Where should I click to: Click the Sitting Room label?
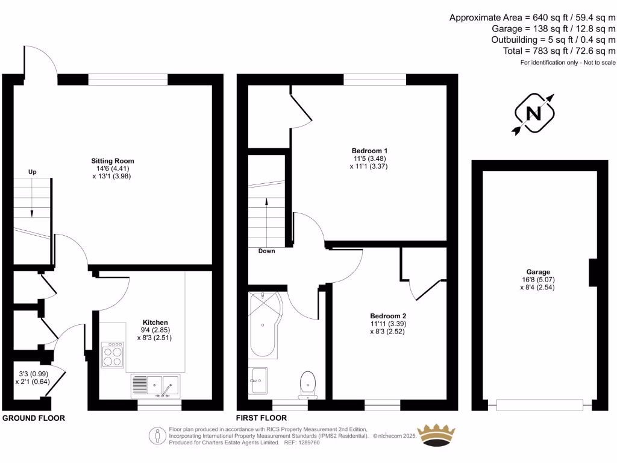[x=113, y=161]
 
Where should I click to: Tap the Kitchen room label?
[x=155, y=323]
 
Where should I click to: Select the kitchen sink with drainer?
[x=155, y=386]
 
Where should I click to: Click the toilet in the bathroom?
[x=308, y=383]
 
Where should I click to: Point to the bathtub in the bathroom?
[x=264, y=326]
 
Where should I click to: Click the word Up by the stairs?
[x=33, y=172]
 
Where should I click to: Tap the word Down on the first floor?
[x=266, y=251]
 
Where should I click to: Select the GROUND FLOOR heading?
[x=34, y=418]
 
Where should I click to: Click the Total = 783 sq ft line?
[x=559, y=51]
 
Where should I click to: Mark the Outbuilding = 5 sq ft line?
[x=553, y=40]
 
